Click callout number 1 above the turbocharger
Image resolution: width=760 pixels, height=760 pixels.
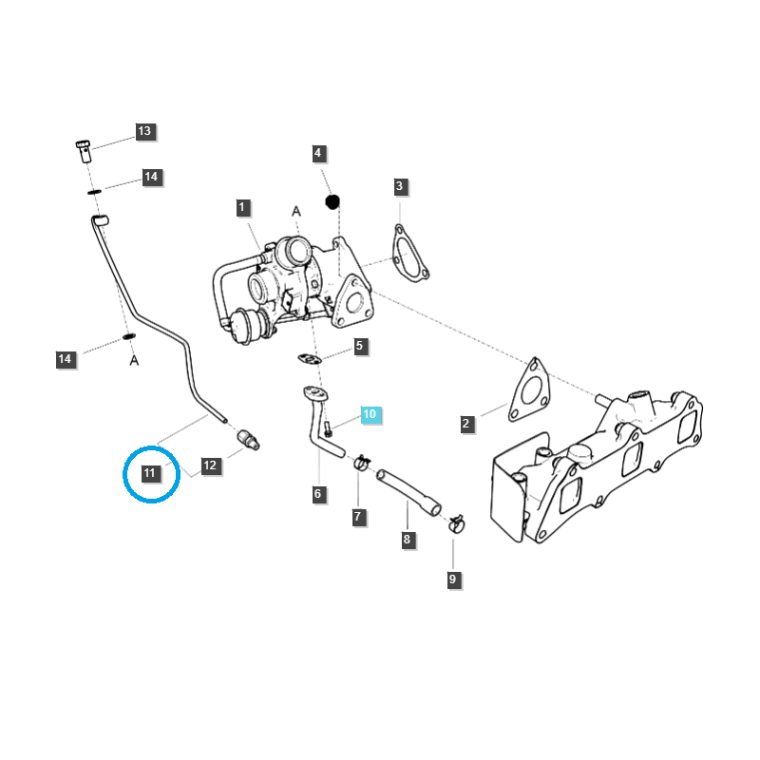(x=242, y=207)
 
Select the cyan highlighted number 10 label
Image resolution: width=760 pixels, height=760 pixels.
(x=370, y=414)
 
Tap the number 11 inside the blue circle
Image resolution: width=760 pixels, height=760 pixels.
(x=150, y=472)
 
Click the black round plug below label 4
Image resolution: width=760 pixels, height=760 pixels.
(x=332, y=201)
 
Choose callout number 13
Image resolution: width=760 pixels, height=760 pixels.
(x=144, y=132)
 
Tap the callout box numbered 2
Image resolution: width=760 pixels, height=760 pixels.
(x=466, y=424)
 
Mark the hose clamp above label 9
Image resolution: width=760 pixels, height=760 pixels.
(x=455, y=522)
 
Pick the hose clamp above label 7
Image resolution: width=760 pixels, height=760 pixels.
(x=361, y=463)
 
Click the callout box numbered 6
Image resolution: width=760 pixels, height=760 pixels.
(x=318, y=494)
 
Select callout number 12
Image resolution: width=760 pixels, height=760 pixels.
(x=210, y=465)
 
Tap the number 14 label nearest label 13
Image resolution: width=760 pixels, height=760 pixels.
(x=152, y=177)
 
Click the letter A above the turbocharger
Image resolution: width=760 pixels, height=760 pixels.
(x=296, y=211)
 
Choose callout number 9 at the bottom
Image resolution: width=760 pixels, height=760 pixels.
(x=452, y=579)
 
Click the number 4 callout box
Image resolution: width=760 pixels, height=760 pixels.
(x=318, y=153)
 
